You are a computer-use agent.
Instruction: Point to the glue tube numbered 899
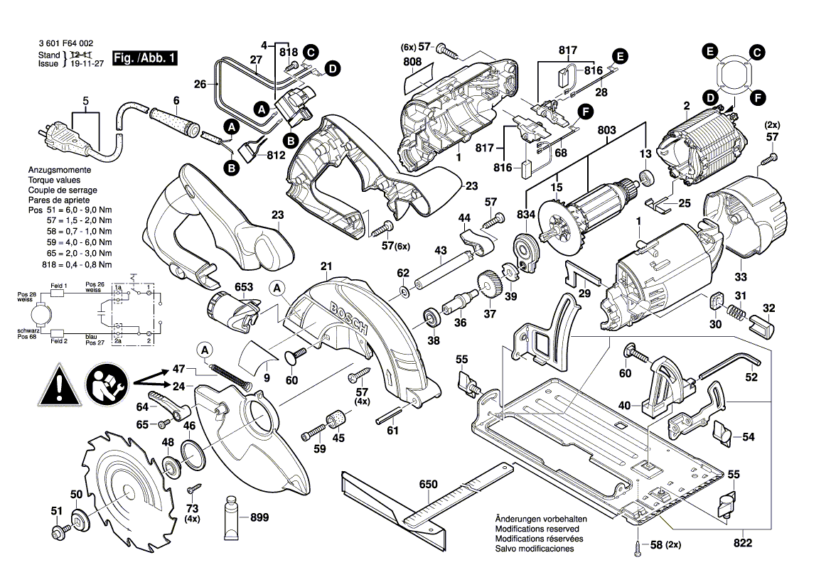pyautogui.click(x=232, y=518)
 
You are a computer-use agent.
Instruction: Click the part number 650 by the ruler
pyautogui.click(x=428, y=485)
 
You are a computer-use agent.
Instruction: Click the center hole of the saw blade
pyautogui.click(x=127, y=490)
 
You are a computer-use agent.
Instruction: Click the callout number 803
pyautogui.click(x=606, y=130)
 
